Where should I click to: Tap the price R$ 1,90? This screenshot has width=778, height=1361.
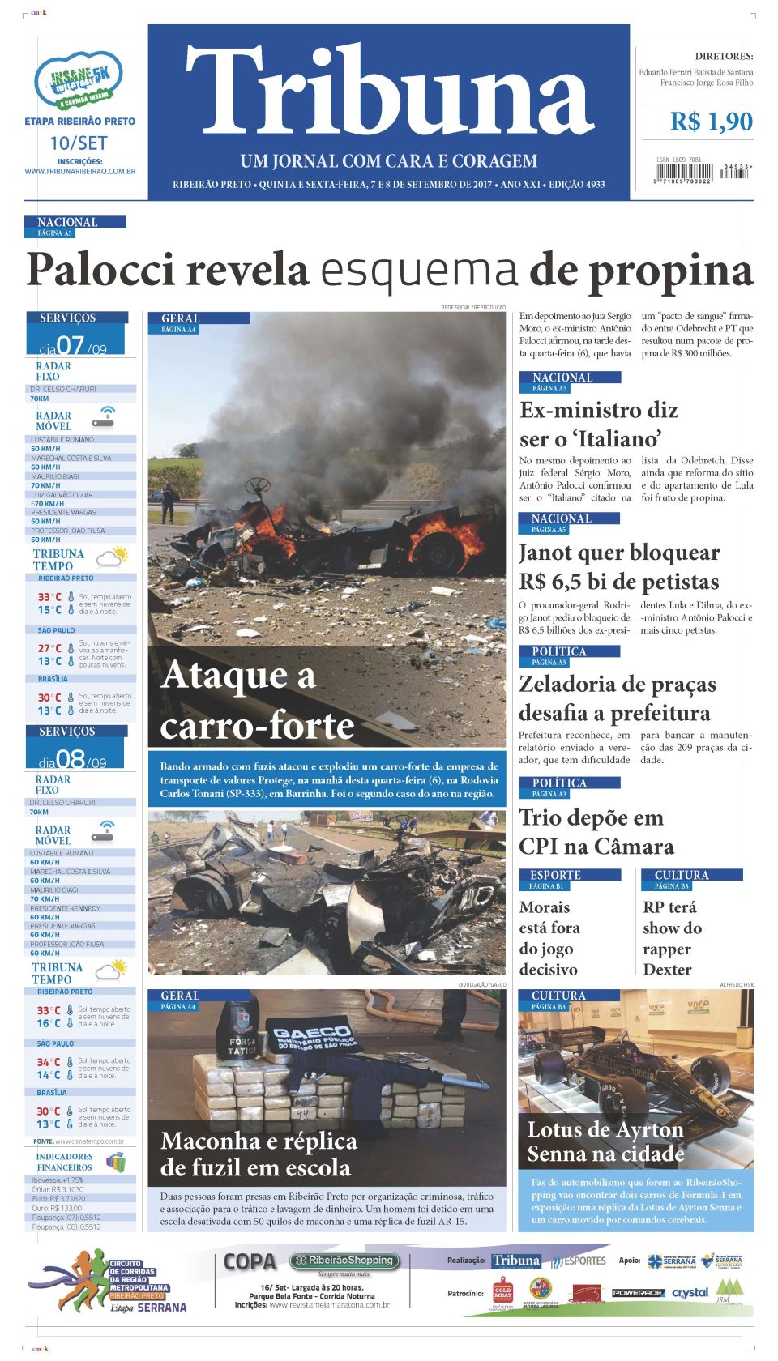tap(711, 122)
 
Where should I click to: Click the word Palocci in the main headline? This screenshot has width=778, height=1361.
tap(100, 271)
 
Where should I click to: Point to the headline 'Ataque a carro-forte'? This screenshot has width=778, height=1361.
tap(257, 701)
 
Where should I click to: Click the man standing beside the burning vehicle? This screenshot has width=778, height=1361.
tap(169, 501)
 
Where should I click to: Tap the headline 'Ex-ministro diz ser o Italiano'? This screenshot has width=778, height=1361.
tap(598, 425)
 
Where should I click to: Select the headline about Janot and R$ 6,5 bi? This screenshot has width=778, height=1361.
tap(618, 567)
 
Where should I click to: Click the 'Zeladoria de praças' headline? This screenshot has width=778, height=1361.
tap(617, 698)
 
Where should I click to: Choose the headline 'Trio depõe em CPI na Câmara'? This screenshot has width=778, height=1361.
tap(596, 832)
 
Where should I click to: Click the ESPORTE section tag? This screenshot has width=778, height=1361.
tap(555, 875)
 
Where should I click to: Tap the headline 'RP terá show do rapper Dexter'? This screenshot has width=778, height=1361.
tap(672, 938)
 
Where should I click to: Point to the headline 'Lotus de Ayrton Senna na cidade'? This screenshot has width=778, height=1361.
tap(605, 1141)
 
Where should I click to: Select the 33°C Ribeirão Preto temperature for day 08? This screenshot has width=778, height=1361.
tap(48, 1010)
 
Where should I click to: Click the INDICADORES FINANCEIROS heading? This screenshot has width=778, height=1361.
tap(65, 1162)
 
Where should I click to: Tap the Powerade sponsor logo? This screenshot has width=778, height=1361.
tap(637, 1293)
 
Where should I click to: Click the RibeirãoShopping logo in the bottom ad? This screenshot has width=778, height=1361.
tap(345, 1261)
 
